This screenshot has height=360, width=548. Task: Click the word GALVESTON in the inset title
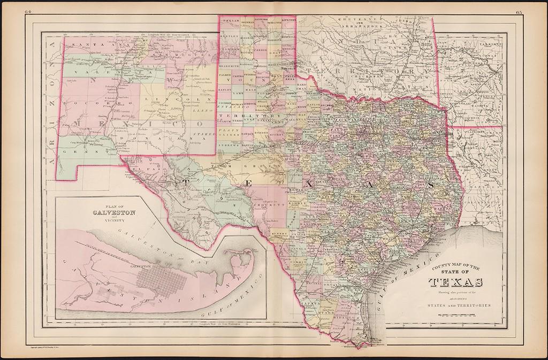click(110, 212)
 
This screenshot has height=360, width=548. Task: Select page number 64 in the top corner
click(28, 11)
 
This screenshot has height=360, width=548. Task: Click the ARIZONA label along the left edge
click(51, 108)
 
